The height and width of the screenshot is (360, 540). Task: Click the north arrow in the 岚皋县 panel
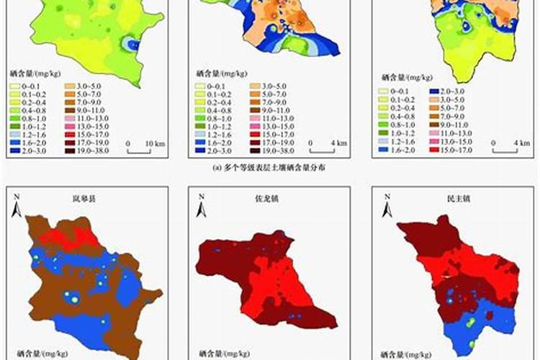click(x=17, y=205)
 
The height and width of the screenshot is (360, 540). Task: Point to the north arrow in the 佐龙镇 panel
click(x=203, y=205)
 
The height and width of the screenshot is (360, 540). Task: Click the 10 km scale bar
click(x=138, y=150)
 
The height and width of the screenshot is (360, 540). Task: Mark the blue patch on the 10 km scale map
click(x=129, y=44)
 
